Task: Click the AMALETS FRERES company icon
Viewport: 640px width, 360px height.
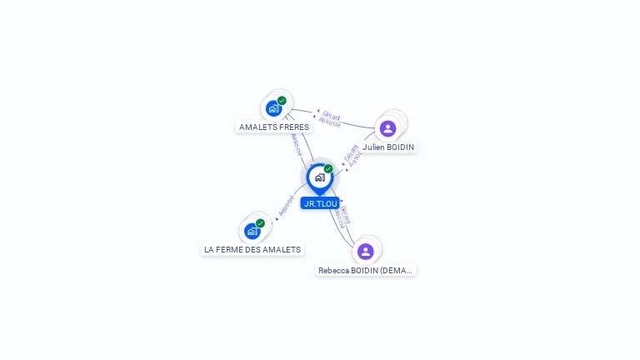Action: (x=273, y=108)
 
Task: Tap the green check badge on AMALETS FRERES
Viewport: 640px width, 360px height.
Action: (x=282, y=101)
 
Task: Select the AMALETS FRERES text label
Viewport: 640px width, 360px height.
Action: (x=274, y=127)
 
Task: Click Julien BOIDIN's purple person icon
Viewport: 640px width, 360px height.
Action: (x=387, y=128)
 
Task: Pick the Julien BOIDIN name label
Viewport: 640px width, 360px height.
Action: (x=388, y=147)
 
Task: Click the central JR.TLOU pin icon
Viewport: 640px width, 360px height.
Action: (x=319, y=177)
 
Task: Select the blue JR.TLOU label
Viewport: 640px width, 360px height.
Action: (x=320, y=203)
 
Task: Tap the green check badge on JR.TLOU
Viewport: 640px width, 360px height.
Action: (x=328, y=169)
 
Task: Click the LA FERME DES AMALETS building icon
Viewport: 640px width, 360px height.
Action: (x=252, y=231)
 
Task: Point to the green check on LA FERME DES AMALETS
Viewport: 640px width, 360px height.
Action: (x=260, y=223)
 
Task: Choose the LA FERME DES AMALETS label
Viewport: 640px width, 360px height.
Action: (x=252, y=249)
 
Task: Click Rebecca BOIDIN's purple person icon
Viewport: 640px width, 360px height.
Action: (x=365, y=251)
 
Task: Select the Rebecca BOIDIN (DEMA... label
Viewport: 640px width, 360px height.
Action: (x=366, y=271)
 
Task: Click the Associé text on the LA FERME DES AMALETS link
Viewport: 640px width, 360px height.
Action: (x=286, y=206)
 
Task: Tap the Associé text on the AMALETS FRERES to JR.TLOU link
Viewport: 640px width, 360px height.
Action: (x=296, y=144)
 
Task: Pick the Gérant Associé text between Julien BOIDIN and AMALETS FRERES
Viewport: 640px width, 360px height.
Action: (x=331, y=119)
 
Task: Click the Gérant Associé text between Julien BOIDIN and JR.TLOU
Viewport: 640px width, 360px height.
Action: (x=352, y=156)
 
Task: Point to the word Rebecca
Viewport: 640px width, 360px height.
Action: (x=334, y=271)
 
